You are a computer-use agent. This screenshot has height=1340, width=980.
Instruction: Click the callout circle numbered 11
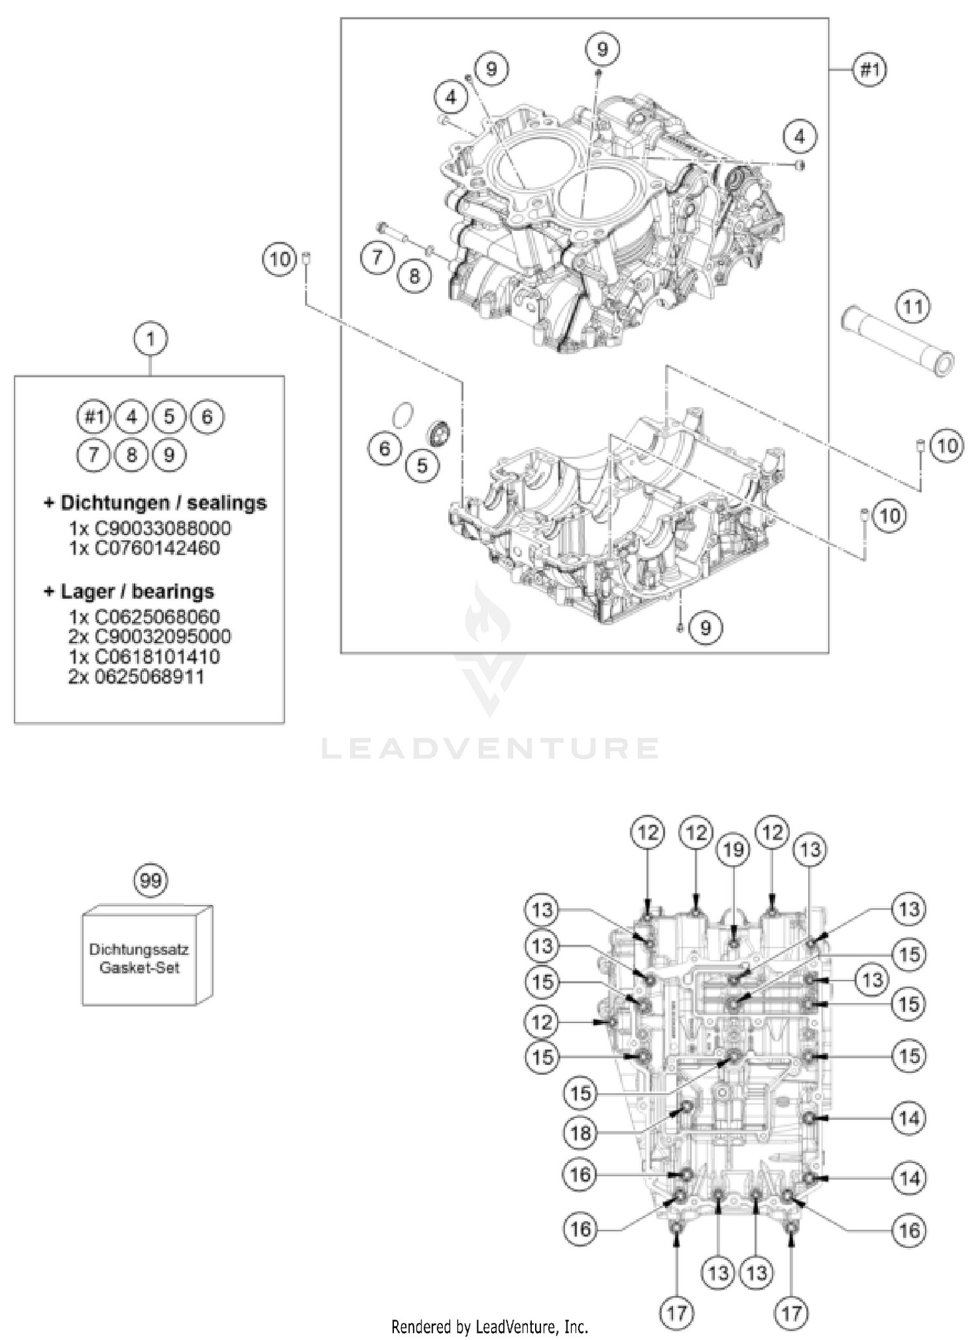click(x=912, y=306)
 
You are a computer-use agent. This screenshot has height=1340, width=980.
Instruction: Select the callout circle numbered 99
click(x=150, y=881)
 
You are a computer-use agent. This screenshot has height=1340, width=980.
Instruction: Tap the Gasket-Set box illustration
click(x=139, y=958)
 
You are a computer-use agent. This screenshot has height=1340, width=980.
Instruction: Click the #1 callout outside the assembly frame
click(x=870, y=69)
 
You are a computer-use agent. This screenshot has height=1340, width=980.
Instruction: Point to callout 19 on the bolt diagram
click(x=733, y=850)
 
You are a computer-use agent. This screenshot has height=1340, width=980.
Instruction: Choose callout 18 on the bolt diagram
click(x=581, y=1134)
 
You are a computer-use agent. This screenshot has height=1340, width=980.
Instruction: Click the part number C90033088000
click(x=150, y=528)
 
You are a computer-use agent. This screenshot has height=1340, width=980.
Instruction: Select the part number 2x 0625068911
click(x=136, y=677)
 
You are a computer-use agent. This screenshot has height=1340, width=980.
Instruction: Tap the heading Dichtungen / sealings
click(x=155, y=503)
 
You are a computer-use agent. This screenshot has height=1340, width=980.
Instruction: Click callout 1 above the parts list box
click(x=150, y=339)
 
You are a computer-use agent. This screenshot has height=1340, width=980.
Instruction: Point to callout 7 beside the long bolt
click(x=378, y=257)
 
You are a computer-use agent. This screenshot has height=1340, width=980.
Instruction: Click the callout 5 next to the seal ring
click(x=422, y=465)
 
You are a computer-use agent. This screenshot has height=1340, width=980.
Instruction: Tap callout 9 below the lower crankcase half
click(x=705, y=628)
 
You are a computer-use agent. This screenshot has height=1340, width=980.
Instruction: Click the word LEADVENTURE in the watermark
click(x=490, y=749)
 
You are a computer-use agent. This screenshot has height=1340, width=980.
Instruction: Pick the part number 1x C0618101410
click(x=144, y=657)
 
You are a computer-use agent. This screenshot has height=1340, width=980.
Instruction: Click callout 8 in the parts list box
click(x=131, y=454)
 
